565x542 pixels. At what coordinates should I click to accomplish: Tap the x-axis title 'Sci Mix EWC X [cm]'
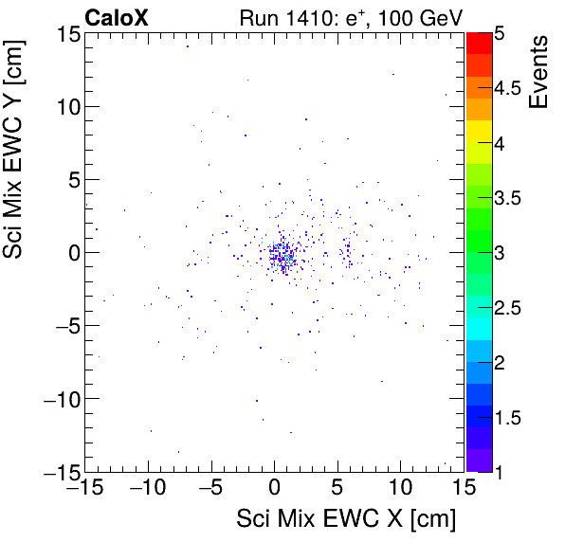[x=346, y=519]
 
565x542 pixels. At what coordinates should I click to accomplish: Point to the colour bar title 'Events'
[x=539, y=72]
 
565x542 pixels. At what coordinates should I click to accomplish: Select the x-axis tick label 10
[x=400, y=489]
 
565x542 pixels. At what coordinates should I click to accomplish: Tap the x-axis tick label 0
[x=274, y=489]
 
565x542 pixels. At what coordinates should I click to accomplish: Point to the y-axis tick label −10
[x=59, y=399]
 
